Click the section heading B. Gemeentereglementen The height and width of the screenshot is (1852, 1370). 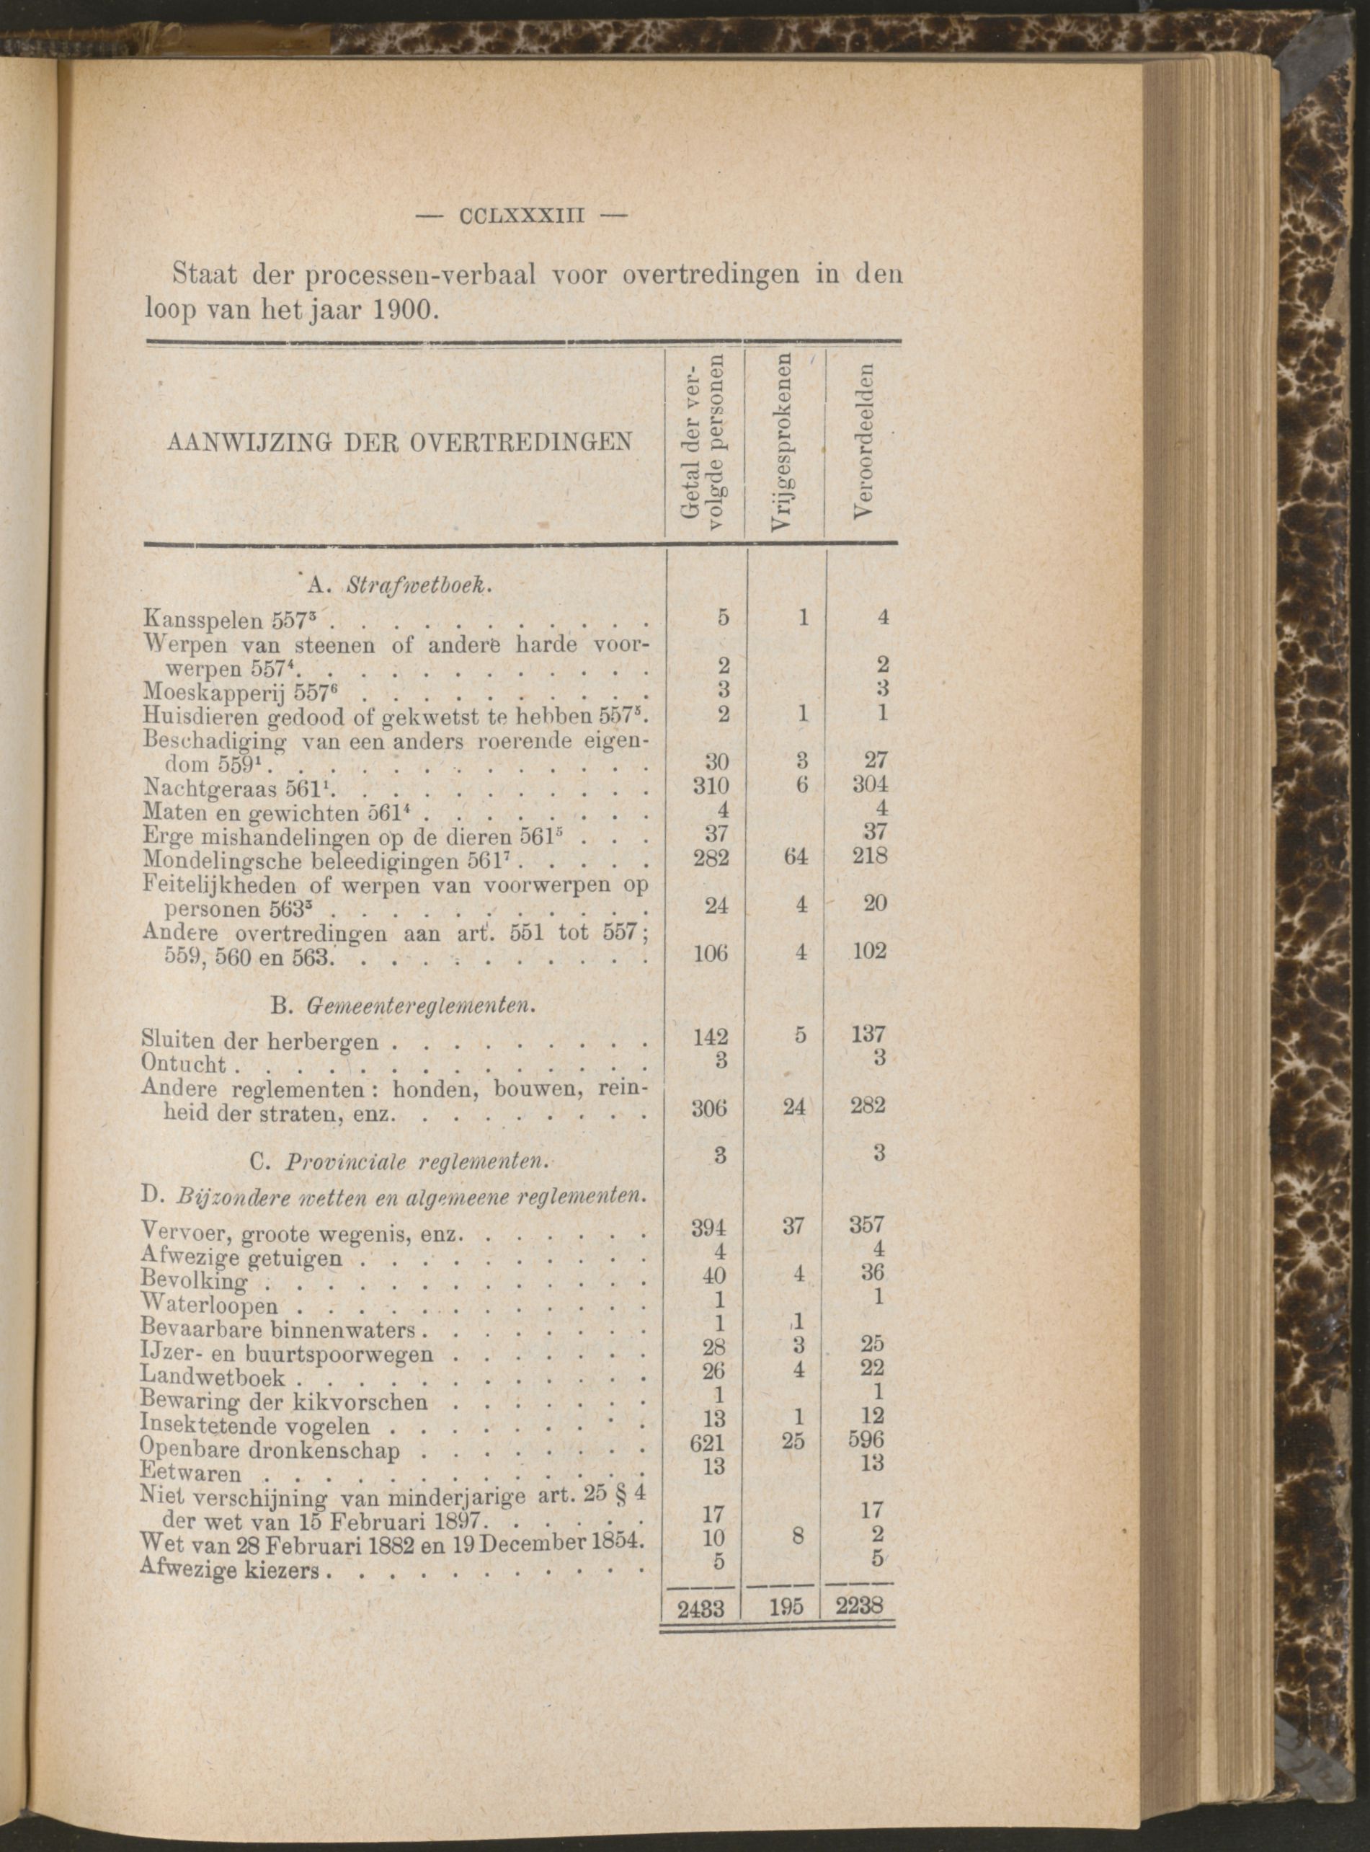click(401, 1007)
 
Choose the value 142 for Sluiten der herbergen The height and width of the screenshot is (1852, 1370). click(711, 1037)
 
